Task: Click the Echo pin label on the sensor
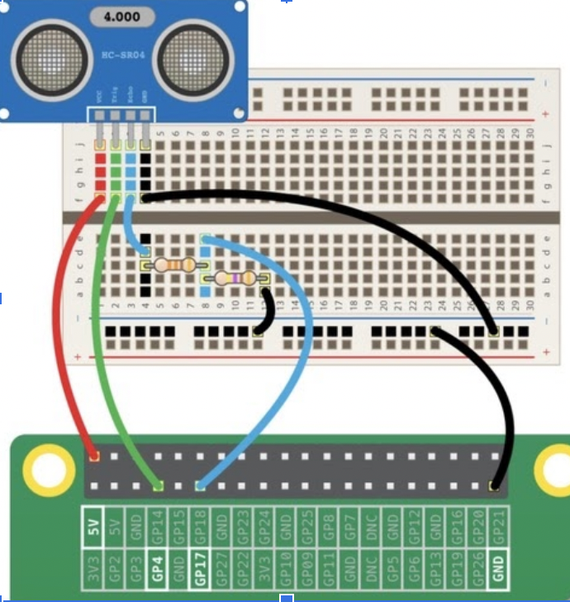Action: (131, 97)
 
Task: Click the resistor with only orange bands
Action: (175, 265)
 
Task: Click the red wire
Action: (62, 331)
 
